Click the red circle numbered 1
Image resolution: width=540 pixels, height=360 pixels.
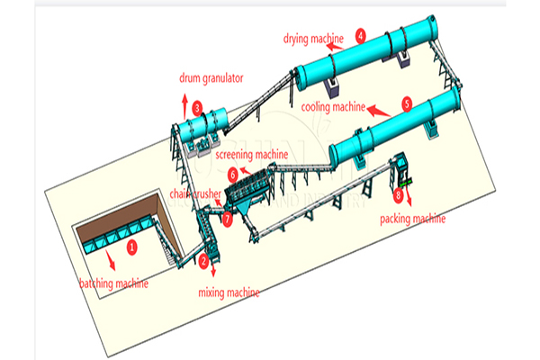click(131, 244)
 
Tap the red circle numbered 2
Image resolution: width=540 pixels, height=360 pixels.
click(204, 261)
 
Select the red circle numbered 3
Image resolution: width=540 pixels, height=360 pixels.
click(197, 107)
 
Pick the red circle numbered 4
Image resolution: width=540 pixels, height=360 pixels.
click(361, 36)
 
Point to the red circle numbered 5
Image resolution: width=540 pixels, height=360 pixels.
click(407, 105)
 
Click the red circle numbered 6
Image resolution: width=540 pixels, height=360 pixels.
click(233, 174)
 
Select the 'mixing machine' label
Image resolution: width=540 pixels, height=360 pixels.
click(229, 292)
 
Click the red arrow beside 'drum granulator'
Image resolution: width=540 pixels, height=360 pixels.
click(183, 97)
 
